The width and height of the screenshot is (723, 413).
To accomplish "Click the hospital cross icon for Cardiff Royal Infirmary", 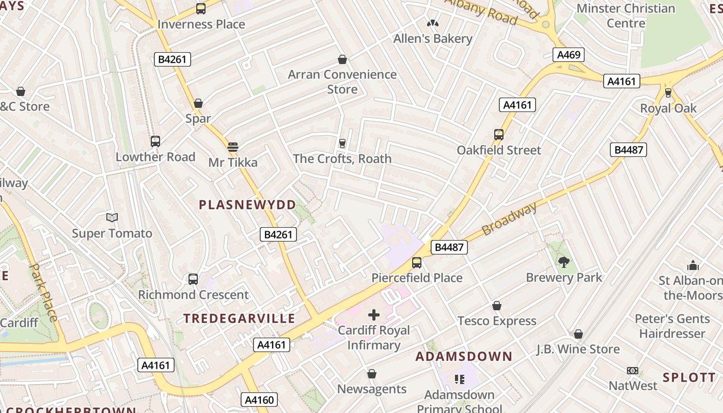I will [374, 314].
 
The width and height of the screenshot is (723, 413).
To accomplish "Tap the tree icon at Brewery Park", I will [564, 262].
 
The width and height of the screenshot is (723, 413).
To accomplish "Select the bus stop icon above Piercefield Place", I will [417, 263].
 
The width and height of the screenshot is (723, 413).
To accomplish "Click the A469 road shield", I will [569, 55].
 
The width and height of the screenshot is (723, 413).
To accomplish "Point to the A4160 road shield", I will [259, 399].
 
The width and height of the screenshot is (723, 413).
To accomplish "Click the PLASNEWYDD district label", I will [248, 204].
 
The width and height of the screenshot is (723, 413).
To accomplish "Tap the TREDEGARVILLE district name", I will [240, 319].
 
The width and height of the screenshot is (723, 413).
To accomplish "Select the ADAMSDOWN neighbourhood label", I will [464, 357].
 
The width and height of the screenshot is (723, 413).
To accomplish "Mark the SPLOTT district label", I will [689, 377].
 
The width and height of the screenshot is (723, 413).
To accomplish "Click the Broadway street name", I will [509, 219].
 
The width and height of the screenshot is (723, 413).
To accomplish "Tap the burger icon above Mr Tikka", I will [233, 147].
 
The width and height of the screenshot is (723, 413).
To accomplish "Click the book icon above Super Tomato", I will [112, 218].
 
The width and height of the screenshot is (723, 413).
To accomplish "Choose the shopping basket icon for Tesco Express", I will [497, 306].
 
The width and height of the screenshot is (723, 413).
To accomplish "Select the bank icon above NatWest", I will [633, 371].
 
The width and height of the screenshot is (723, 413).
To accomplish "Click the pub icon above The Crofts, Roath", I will [342, 143].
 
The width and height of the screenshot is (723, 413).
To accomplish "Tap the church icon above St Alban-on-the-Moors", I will [693, 265].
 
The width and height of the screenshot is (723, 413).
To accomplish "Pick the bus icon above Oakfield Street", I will [499, 135].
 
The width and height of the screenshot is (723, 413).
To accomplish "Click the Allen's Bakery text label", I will [433, 39].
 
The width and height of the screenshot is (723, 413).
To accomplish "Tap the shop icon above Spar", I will [198, 103].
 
